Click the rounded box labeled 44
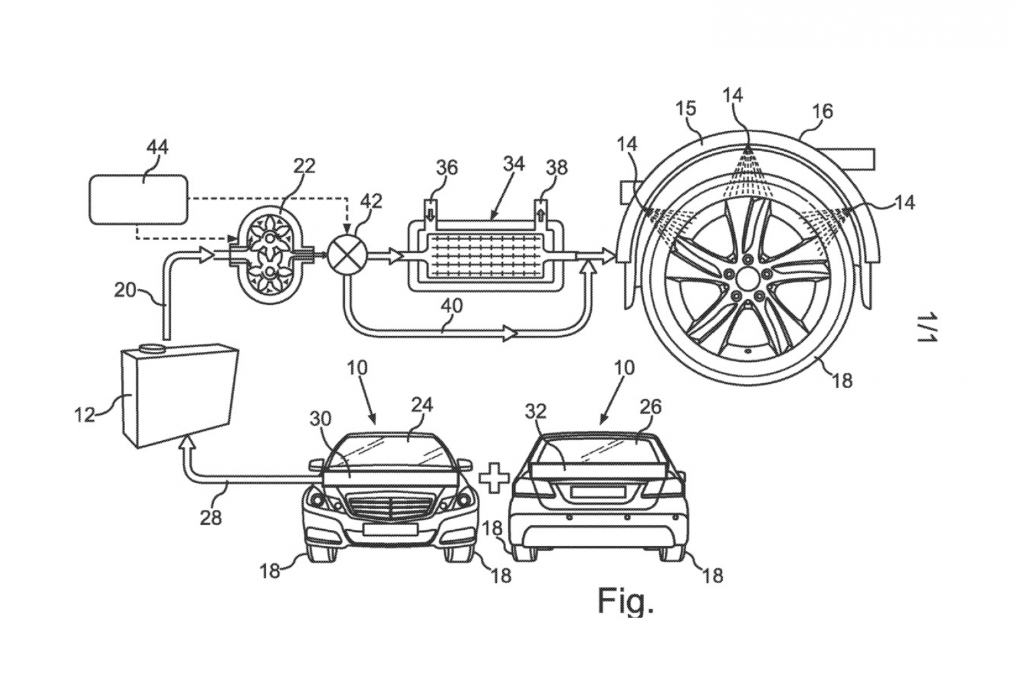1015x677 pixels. click(x=138, y=199)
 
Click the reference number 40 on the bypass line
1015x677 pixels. click(x=452, y=306)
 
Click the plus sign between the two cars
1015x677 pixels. click(x=493, y=477)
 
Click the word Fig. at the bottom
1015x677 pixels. click(x=625, y=600)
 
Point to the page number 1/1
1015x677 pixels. click(x=927, y=328)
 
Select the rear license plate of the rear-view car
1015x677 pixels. click(x=597, y=492)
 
